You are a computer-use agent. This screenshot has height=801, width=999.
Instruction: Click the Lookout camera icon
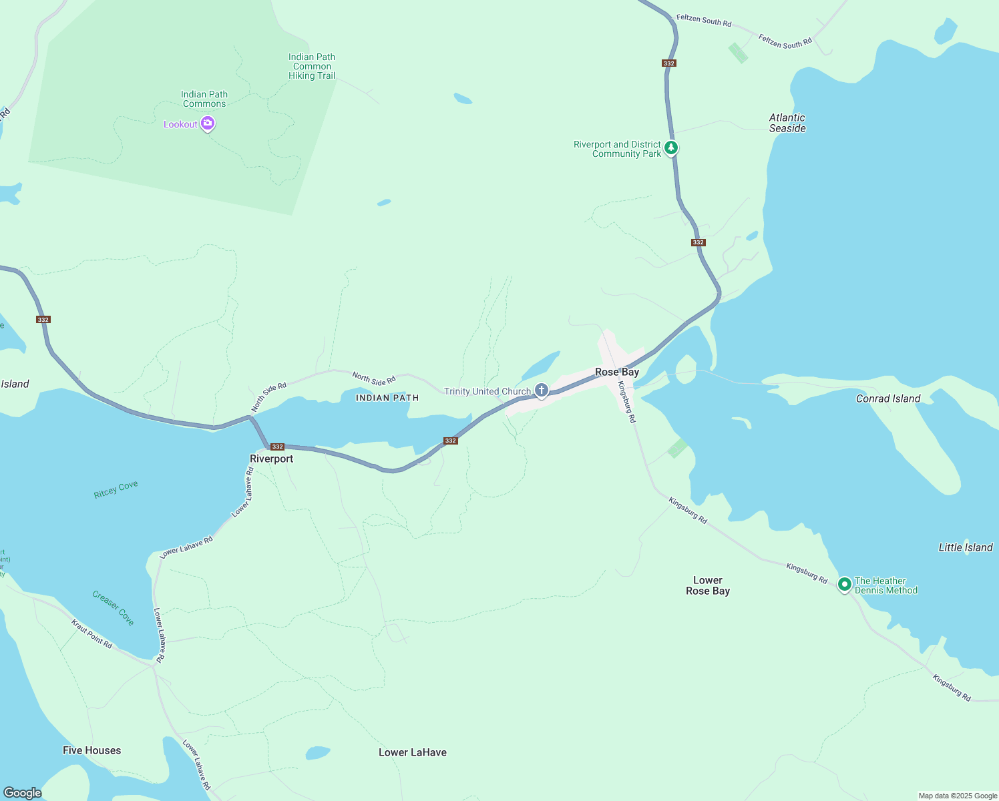(x=208, y=123)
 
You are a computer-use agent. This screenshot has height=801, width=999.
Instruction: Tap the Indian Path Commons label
(x=204, y=99)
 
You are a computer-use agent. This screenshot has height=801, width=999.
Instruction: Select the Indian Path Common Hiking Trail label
(x=312, y=67)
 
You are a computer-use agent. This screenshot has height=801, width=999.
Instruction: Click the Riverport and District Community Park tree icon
(x=671, y=148)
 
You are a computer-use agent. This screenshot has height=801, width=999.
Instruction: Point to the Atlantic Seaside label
(x=787, y=123)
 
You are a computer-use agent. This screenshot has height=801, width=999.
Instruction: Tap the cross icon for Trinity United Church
(x=542, y=390)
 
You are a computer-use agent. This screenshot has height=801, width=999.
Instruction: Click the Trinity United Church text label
(x=487, y=391)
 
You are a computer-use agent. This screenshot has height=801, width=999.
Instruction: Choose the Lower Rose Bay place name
(x=708, y=585)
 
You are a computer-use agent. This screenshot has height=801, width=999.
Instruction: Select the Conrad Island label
(x=888, y=398)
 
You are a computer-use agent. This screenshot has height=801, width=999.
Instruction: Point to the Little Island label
(x=966, y=547)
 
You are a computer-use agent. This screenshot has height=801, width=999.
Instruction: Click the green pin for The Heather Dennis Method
(x=845, y=585)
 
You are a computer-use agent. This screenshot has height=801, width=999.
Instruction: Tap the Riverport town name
(x=271, y=459)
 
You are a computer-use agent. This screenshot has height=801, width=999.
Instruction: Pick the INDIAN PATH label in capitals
(x=387, y=398)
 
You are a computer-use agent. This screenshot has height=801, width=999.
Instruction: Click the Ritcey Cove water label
(x=116, y=489)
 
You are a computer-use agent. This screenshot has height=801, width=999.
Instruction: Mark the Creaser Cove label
(x=114, y=607)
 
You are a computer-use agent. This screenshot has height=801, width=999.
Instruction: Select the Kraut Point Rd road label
(x=92, y=633)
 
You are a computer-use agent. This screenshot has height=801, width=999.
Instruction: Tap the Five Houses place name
(x=92, y=750)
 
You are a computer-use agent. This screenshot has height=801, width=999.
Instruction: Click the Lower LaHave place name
(x=413, y=752)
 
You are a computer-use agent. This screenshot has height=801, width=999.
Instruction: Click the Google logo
(x=23, y=792)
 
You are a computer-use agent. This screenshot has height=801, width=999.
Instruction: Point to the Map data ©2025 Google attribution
(x=958, y=796)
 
